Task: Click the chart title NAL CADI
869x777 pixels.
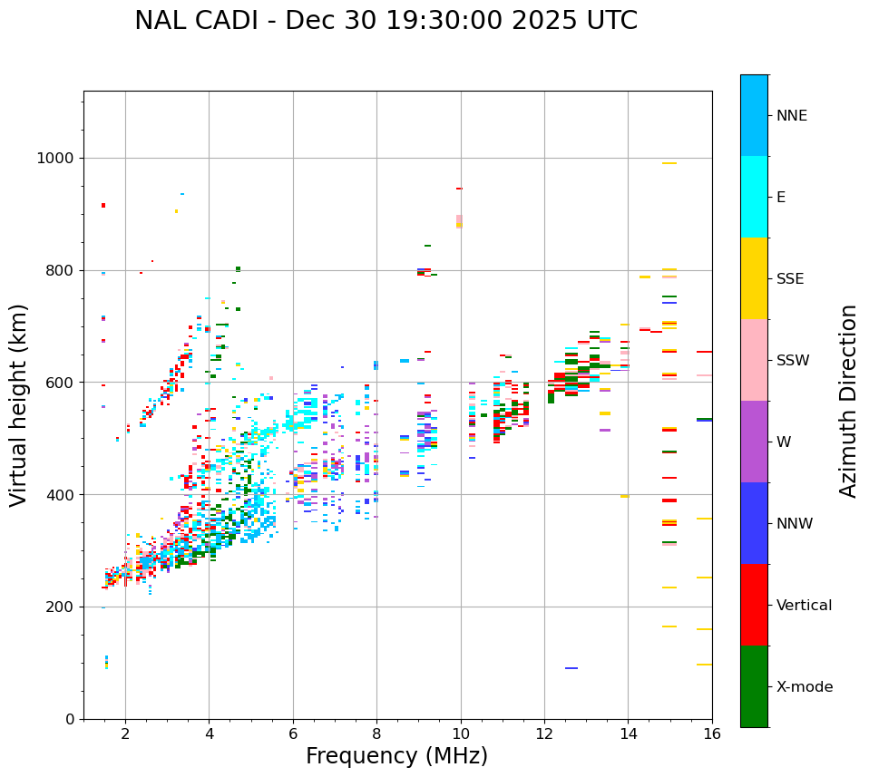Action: pyautogui.click(x=386, y=21)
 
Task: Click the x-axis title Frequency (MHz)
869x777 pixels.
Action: pyautogui.click(x=396, y=756)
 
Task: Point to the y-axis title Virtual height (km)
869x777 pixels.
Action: pyautogui.click(x=19, y=404)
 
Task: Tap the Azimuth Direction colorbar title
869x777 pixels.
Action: pyautogui.click(x=848, y=400)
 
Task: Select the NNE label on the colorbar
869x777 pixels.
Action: pyautogui.click(x=791, y=116)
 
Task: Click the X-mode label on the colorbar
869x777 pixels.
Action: pyautogui.click(x=804, y=687)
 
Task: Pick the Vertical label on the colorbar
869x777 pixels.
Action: pyautogui.click(x=804, y=606)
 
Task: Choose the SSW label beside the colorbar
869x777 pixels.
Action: pyautogui.click(x=792, y=361)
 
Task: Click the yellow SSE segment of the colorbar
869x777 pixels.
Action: pyautogui.click(x=754, y=278)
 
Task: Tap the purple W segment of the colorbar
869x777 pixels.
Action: pyautogui.click(x=754, y=442)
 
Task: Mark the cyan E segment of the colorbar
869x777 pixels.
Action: pyautogui.click(x=754, y=197)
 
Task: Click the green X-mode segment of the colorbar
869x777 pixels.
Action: pyautogui.click(x=754, y=686)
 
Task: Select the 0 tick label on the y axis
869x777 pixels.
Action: pyautogui.click(x=70, y=719)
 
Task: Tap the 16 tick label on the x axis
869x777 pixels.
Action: pyautogui.click(x=712, y=734)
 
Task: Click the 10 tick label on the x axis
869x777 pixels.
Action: pyautogui.click(x=461, y=734)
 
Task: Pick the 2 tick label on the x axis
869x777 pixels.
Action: pyautogui.click(x=125, y=734)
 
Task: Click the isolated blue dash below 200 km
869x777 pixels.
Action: pyautogui.click(x=571, y=668)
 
